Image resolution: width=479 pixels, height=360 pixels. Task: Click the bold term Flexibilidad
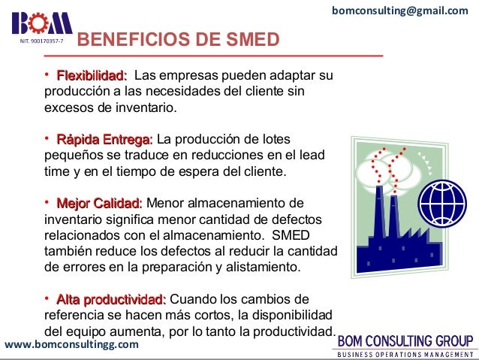[x=91, y=76]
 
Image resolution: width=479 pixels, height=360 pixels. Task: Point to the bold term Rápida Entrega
[x=104, y=140]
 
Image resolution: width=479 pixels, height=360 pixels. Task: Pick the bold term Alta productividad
[x=111, y=299]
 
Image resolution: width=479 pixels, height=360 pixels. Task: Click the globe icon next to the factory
[x=443, y=199]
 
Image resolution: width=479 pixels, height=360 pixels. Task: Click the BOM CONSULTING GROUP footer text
[x=404, y=339]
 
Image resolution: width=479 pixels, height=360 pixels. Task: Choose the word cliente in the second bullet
[x=261, y=171]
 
